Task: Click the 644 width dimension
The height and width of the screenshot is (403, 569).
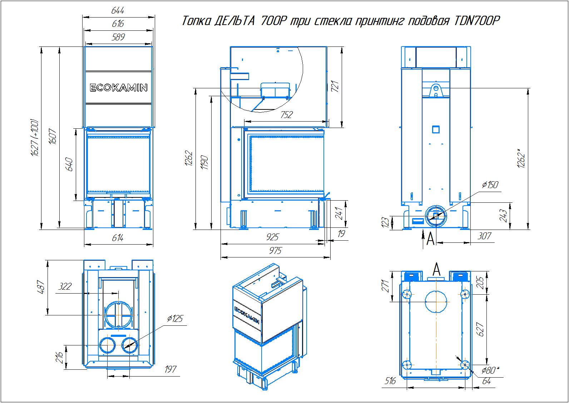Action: pos(118,11)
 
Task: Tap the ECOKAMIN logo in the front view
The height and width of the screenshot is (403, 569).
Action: pos(118,88)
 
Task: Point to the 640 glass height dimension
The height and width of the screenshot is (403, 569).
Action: pos(70,164)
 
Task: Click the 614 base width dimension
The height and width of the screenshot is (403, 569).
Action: pos(118,238)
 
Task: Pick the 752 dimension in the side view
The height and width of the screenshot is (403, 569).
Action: pos(287,114)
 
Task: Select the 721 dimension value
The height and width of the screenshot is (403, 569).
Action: pos(335,87)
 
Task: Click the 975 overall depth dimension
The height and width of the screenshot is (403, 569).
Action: pos(276,250)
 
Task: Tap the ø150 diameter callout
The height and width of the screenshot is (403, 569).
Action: pos(490,185)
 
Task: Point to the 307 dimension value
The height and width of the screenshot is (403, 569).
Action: pos(484,236)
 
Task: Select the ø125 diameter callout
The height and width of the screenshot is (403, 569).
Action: pos(175,318)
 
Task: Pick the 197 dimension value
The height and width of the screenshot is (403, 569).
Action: pos(170,369)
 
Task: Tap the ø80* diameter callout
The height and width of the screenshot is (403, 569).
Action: pos(489,370)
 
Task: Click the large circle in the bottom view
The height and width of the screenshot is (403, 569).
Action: pos(436,301)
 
